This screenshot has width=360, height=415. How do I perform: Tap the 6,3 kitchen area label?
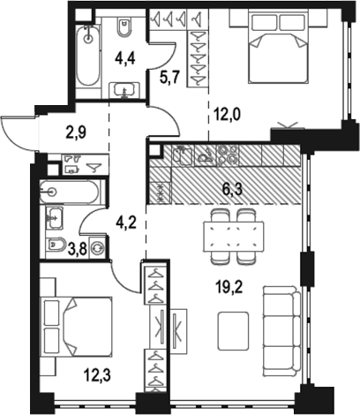232,189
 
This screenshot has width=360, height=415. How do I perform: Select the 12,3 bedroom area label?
97,375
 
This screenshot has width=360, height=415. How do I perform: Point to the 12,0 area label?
227,114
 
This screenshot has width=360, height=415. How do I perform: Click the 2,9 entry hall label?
76,132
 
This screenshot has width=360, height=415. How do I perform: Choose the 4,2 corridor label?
126,223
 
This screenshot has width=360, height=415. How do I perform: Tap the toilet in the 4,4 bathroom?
124,27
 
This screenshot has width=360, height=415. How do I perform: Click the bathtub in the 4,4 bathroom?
87,56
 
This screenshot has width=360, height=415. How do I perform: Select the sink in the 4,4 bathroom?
124,90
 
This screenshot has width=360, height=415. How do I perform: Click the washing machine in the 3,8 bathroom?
98,247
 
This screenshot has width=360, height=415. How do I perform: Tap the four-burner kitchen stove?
227,155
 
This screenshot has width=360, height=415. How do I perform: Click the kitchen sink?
183,155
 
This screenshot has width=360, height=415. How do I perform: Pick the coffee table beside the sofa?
233,331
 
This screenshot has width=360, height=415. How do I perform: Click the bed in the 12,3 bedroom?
77,326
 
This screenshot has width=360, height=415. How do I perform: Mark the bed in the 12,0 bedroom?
278,47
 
